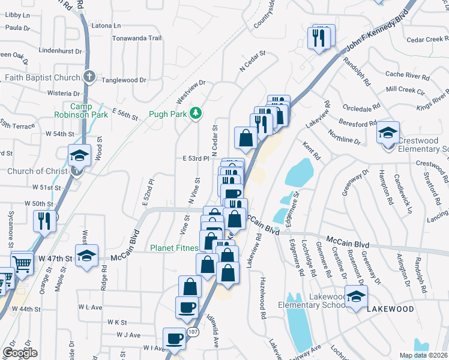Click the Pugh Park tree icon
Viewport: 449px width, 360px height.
(x=195, y=113)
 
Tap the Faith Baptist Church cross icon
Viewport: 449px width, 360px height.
(x=89, y=77)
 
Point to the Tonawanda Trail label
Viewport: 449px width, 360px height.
(x=137, y=38)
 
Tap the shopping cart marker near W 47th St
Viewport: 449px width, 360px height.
(x=22, y=262)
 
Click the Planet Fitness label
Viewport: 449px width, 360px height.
(x=174, y=247)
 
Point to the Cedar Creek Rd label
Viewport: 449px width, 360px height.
(x=427, y=40)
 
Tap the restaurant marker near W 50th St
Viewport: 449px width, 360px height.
(x=46, y=220)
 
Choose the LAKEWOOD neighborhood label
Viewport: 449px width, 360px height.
(x=391, y=308)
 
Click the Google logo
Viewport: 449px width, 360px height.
(x=20, y=353)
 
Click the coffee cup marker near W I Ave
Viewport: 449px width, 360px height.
(x=174, y=338)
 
